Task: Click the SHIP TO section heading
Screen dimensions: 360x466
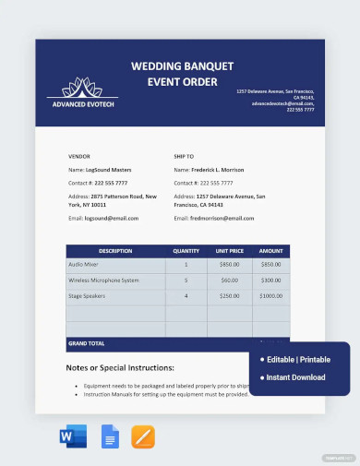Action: pyautogui.click(x=186, y=156)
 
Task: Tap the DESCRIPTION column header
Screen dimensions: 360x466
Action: pyautogui.click(x=115, y=251)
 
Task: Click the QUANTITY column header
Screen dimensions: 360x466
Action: pyautogui.click(x=186, y=251)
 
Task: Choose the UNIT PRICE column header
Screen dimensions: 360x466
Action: pyautogui.click(x=228, y=251)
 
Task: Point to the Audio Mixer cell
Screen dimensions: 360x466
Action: pyautogui.click(x=85, y=265)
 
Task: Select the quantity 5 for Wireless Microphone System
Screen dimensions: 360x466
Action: pyautogui.click(x=186, y=280)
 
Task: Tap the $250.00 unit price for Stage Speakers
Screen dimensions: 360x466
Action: pyautogui.click(x=228, y=295)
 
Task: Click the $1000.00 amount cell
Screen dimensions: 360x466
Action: pyautogui.click(x=270, y=295)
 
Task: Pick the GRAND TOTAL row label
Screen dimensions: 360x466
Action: pyautogui.click(x=86, y=343)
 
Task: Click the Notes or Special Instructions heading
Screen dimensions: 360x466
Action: pyautogui.click(x=120, y=367)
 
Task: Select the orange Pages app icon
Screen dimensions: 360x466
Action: pyautogui.click(x=143, y=436)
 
